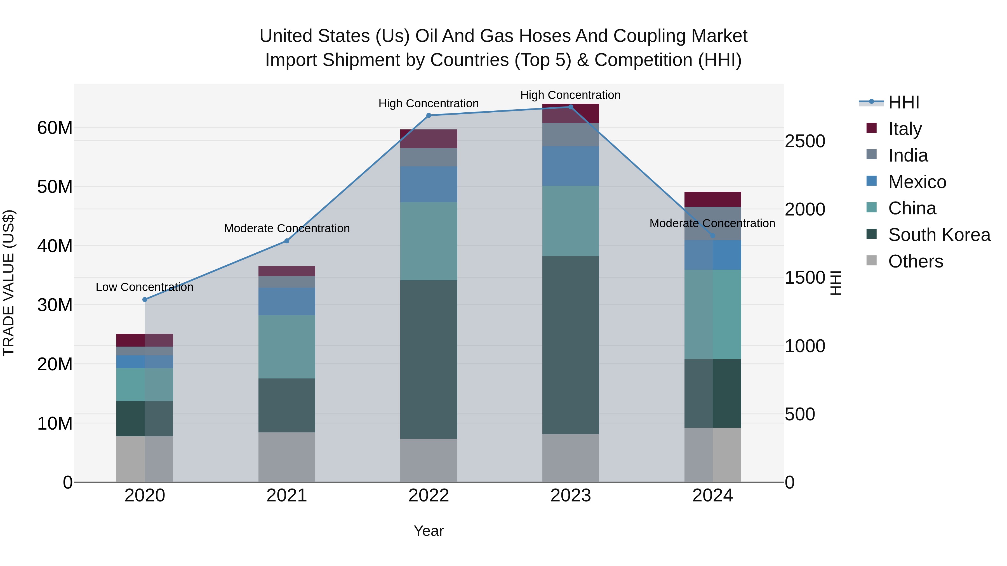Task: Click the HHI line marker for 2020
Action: coord(145,300)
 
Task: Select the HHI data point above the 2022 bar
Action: coord(429,115)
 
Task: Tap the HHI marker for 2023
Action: coord(570,107)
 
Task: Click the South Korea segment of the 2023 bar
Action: coord(570,345)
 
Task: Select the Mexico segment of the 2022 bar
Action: coord(429,184)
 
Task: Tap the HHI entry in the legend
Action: coord(903,102)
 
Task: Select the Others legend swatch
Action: coord(871,260)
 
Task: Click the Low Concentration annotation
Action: coord(144,287)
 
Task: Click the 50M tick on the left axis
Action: coord(55,187)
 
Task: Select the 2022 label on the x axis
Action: coord(429,496)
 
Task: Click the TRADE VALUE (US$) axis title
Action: coord(9,283)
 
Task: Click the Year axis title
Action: coord(429,531)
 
